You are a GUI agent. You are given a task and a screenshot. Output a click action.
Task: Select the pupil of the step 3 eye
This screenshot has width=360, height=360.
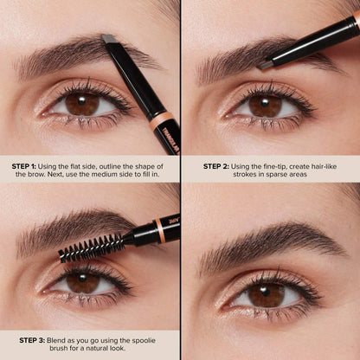(x=82, y=282)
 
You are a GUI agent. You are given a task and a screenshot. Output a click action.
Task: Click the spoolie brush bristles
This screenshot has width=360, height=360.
(x=90, y=247)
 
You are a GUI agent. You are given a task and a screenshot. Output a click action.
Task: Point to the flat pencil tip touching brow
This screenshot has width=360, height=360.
(x=107, y=41)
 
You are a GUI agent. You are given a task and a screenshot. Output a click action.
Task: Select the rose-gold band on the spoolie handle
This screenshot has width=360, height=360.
(x=160, y=231)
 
